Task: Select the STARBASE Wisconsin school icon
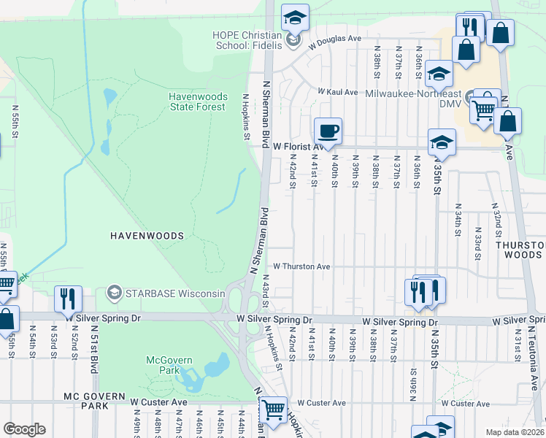pos(114,293)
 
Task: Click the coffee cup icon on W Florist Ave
pos(328,131)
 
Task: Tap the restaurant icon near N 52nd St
pos(68,299)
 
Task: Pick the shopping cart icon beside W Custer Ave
pos(273,410)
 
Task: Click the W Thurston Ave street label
pos(302,267)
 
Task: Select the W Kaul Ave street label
pos(337,93)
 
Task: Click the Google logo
pos(24,429)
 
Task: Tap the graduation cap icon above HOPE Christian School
pos(295,18)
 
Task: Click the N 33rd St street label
pos(477,247)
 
